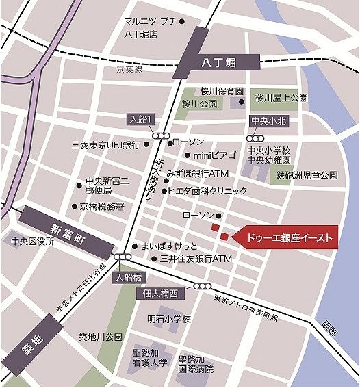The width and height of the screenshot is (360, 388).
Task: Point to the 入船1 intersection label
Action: click(x=141, y=118)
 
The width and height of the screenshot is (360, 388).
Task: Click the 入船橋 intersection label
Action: click(x=128, y=278)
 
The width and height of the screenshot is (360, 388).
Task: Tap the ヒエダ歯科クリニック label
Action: click(x=207, y=191)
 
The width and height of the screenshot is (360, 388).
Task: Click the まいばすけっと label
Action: click(x=168, y=246)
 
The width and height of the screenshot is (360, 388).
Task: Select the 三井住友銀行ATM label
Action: click(x=196, y=260)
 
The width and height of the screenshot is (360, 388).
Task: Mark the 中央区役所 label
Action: click(x=32, y=242)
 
